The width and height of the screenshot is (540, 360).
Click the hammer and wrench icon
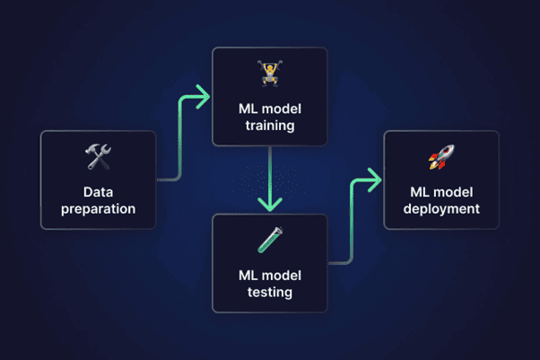(98, 159)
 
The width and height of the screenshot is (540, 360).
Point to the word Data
(98, 192)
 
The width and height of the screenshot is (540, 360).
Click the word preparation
(98, 209)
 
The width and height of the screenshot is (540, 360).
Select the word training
(269, 126)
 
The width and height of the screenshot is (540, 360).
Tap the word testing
(269, 292)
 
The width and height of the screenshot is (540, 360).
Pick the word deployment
(440, 209)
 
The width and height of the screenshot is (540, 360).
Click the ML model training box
(269, 97)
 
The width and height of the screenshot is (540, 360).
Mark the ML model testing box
(269, 263)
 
